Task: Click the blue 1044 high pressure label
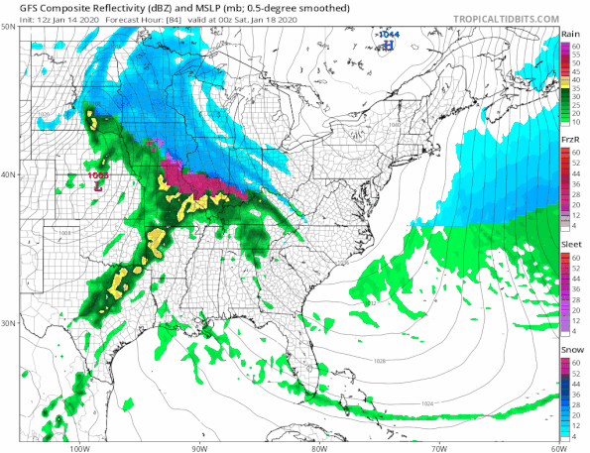click(x=389, y=34)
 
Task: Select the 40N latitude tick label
click(x=9, y=174)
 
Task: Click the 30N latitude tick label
click(x=9, y=323)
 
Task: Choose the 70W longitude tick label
click(x=438, y=447)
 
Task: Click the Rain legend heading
click(x=570, y=35)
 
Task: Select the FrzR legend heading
click(x=570, y=141)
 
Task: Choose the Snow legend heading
click(x=570, y=350)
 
